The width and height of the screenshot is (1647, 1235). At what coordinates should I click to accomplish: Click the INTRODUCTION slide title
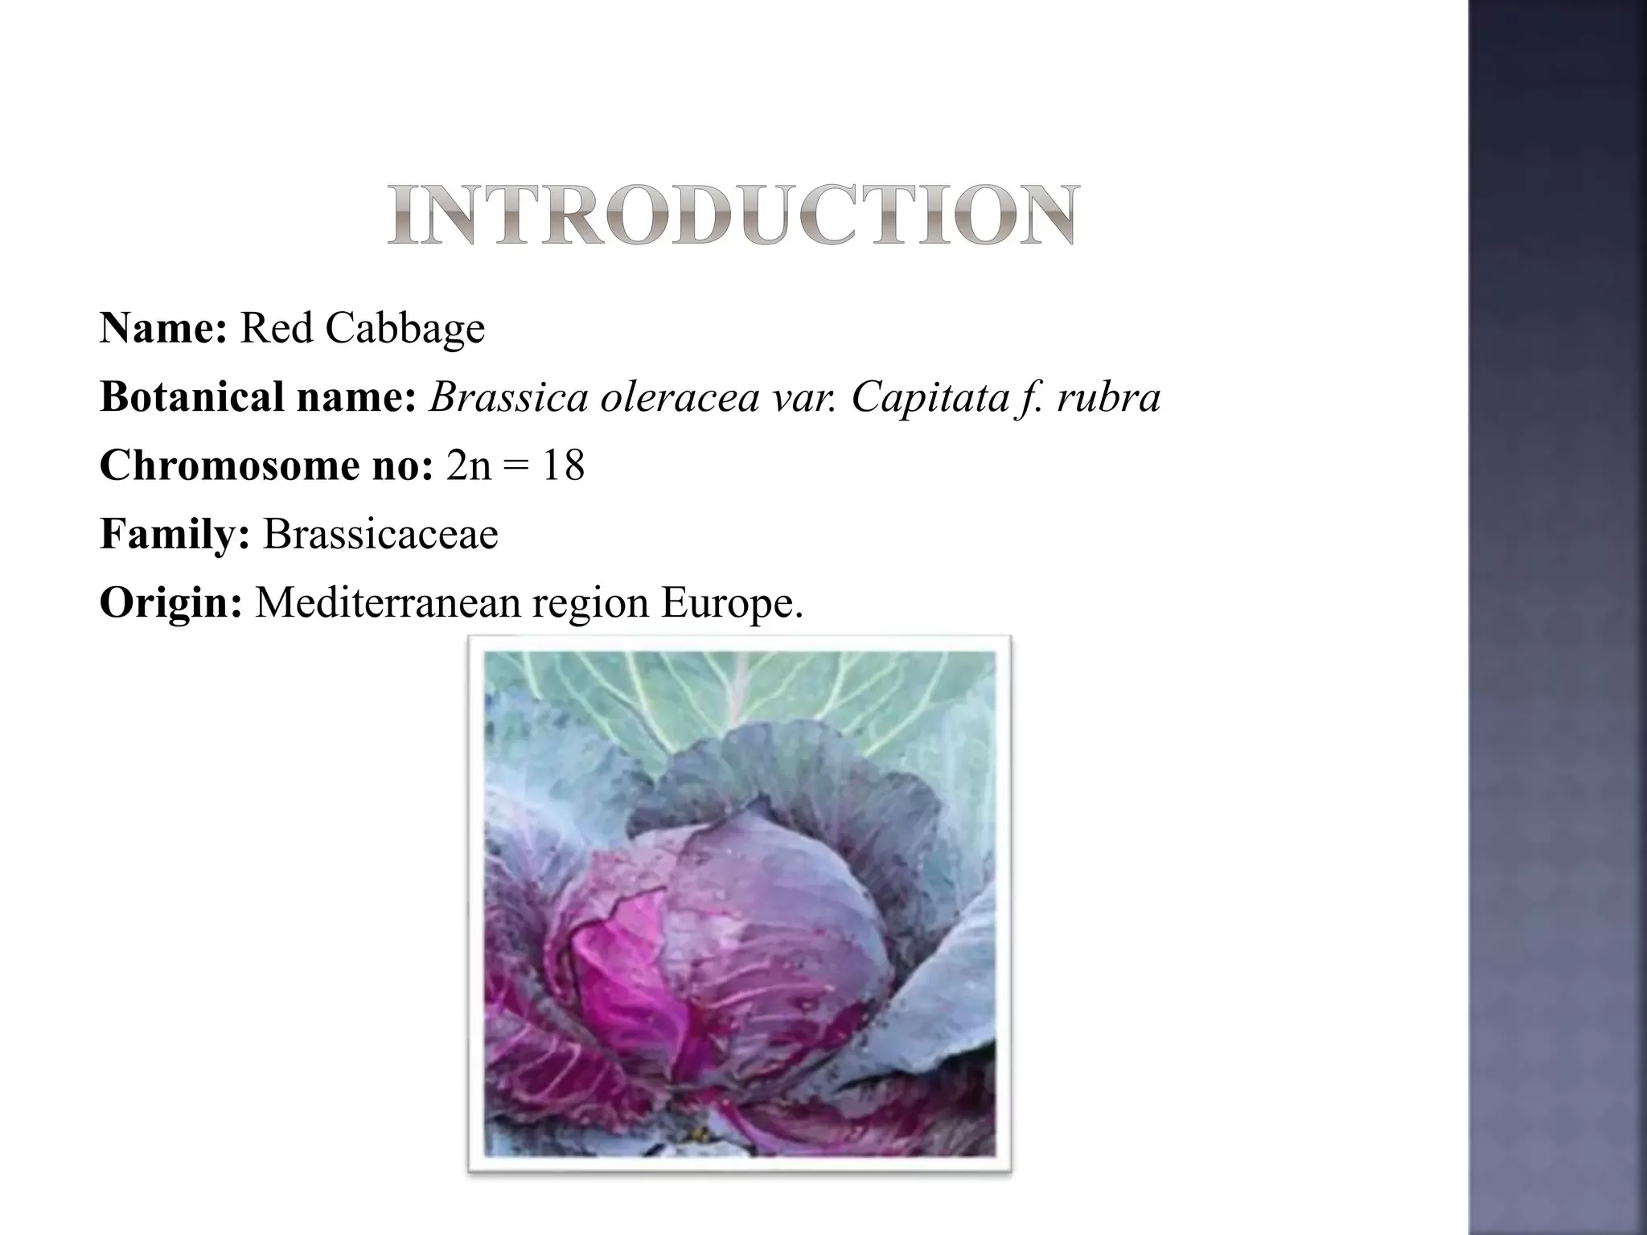click(733, 215)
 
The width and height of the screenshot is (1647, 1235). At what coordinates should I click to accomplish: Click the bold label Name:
click(163, 328)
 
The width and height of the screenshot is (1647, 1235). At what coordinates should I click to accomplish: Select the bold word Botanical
click(191, 396)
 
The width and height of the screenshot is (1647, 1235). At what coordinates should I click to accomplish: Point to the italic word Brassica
click(508, 396)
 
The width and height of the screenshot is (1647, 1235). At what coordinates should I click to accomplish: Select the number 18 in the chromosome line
click(563, 466)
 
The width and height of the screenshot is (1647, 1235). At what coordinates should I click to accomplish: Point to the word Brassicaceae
click(380, 534)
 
